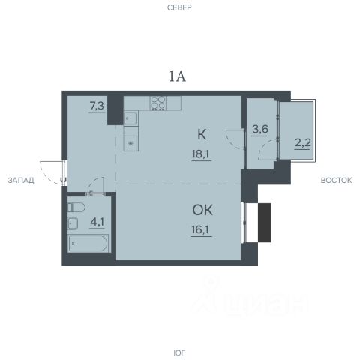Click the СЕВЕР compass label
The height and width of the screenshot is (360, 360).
[179, 7]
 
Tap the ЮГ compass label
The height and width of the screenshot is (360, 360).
[179, 352]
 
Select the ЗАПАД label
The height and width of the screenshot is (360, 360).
[21, 180]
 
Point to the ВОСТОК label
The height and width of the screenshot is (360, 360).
[336, 180]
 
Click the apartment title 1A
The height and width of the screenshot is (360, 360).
[178, 76]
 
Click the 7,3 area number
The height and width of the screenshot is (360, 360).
[97, 106]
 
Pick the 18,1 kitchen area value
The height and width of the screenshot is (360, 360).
[201, 154]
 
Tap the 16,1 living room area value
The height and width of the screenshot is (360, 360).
[201, 229]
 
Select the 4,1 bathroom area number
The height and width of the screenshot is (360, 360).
[97, 222]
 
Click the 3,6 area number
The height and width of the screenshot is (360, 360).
[260, 129]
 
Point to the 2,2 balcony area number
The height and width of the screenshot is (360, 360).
[303, 143]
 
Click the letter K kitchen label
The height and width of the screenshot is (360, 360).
[202, 134]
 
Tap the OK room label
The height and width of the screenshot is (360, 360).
[202, 210]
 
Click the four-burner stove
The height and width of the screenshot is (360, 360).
[158, 103]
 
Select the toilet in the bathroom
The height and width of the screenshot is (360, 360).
[76, 208]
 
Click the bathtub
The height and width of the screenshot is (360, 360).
[88, 243]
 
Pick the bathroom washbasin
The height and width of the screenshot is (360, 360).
[73, 223]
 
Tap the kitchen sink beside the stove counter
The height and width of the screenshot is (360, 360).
[130, 118]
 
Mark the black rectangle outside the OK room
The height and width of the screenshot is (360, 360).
[265, 223]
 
